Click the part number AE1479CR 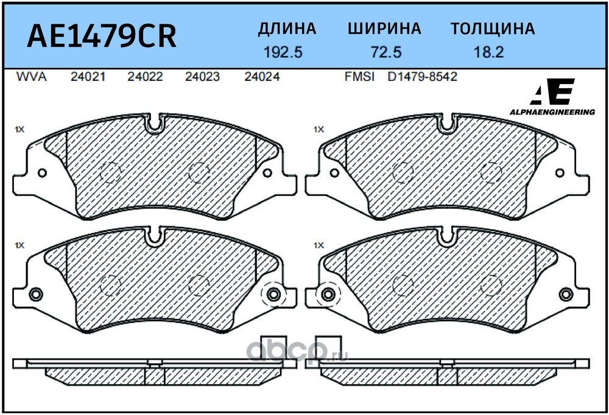(x=102, y=36)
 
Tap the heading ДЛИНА (x=287, y=29)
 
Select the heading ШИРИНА (x=384, y=29)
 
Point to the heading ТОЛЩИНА (x=493, y=29)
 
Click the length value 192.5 (x=283, y=52)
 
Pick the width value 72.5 (x=386, y=52)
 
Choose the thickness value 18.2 (x=488, y=52)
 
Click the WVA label (x=32, y=77)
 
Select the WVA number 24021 (x=88, y=77)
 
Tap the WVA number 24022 (x=146, y=77)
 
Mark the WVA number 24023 (x=202, y=77)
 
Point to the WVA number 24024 (x=262, y=77)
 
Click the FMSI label (x=360, y=77)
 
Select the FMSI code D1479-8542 (x=422, y=77)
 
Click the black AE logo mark (x=552, y=92)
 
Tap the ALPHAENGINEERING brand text (x=552, y=112)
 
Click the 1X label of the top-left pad (x=19, y=129)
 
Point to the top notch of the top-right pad (x=446, y=122)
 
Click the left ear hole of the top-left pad (x=43, y=173)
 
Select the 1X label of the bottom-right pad (x=319, y=245)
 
